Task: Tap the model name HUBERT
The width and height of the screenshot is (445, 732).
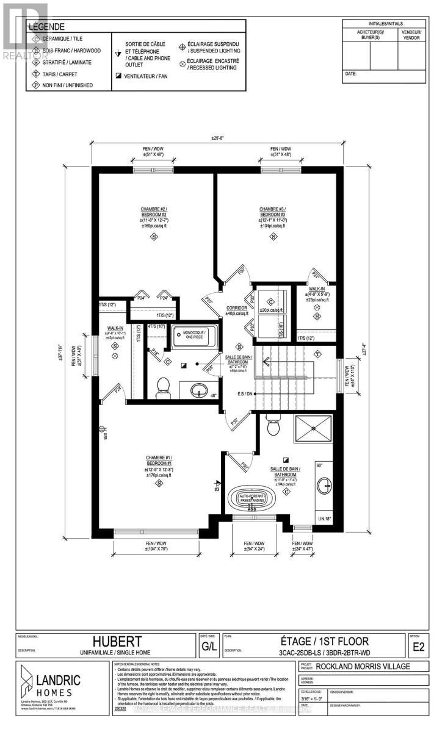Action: pos(117,642)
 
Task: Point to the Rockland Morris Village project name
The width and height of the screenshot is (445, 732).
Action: pos(363,666)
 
